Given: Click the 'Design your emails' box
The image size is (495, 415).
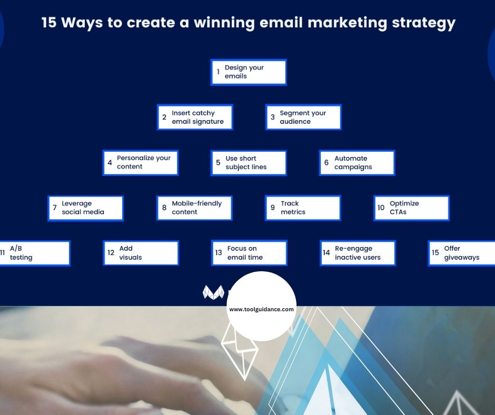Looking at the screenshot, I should click(249, 72).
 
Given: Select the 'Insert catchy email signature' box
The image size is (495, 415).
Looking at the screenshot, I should click(195, 117).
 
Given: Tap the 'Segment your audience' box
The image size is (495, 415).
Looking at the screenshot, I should click(303, 117).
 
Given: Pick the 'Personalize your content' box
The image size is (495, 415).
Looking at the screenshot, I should click(141, 163).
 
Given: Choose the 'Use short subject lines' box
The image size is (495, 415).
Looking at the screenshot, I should click(249, 163).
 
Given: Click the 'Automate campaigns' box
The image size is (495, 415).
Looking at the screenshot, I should click(357, 163).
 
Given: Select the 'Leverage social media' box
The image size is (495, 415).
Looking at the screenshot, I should click(86, 208).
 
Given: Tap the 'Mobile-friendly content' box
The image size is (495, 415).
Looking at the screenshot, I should click(194, 208).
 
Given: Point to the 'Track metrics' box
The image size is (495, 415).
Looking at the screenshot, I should click(303, 208).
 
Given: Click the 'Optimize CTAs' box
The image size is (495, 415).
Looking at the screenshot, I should click(411, 208).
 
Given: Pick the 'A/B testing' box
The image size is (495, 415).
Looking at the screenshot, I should click(34, 253).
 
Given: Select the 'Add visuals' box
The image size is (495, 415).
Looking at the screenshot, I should click(141, 253).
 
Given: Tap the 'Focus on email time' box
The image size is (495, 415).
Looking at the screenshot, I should click(249, 253).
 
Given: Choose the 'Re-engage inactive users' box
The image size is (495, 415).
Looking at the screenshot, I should click(358, 253).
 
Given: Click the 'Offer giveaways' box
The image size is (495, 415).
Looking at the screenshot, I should click(461, 253).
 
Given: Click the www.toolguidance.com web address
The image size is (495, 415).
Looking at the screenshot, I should click(261, 310).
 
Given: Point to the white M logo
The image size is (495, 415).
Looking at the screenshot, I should click(213, 292).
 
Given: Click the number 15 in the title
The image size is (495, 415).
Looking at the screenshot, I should click(50, 24).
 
